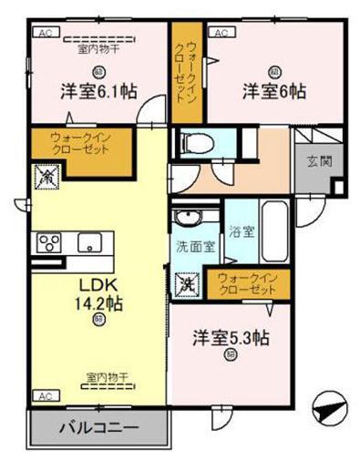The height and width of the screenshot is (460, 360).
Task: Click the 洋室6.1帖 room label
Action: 99,91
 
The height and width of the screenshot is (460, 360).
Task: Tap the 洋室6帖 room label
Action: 273,91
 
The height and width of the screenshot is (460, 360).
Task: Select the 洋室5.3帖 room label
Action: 230,337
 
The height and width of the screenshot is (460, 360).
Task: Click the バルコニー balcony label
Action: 99,426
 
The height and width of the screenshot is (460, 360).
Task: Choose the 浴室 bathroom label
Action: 242,231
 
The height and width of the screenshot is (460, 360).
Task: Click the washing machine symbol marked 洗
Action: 186,284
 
